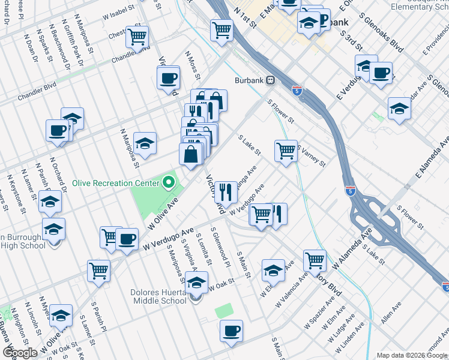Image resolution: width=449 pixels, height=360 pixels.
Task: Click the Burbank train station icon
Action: click(271, 80)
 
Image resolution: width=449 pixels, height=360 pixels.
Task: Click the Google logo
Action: click(20, 353)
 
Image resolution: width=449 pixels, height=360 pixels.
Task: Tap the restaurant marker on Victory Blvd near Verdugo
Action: click(226, 192)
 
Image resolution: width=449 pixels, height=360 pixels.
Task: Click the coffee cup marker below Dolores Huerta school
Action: click(231, 331)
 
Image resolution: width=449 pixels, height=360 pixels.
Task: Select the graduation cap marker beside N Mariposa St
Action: click(145, 143)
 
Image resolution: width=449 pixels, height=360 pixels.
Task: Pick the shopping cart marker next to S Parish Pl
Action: click(98, 270)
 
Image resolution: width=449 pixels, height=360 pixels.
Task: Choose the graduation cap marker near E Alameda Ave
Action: click(399, 108)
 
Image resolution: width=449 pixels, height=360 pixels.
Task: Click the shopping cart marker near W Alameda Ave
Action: click(315, 260)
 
